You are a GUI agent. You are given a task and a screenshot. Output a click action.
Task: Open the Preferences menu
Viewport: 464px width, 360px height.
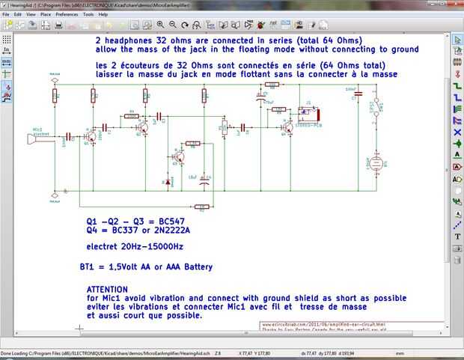(67, 14)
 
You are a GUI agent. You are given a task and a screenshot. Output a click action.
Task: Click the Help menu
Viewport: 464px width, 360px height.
(103, 14)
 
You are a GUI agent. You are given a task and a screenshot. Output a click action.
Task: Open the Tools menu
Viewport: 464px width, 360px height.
(88, 14)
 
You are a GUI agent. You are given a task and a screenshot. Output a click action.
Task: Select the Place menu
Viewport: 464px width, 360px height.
(46, 14)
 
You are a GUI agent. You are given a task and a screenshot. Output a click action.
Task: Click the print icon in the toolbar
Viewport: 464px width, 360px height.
(58, 25)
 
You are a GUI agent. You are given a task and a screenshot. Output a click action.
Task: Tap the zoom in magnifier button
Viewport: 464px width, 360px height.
(160, 25)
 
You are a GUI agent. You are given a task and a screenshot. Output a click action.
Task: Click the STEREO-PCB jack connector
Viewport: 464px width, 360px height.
(308, 115)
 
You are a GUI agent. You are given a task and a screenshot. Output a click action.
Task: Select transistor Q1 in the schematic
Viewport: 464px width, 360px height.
(91, 137)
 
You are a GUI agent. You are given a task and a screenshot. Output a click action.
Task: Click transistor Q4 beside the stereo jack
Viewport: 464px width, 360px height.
(287, 128)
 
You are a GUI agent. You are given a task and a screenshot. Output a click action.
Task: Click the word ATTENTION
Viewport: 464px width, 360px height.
(107, 289)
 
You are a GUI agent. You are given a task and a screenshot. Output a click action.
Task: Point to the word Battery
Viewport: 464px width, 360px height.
(190, 267)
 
